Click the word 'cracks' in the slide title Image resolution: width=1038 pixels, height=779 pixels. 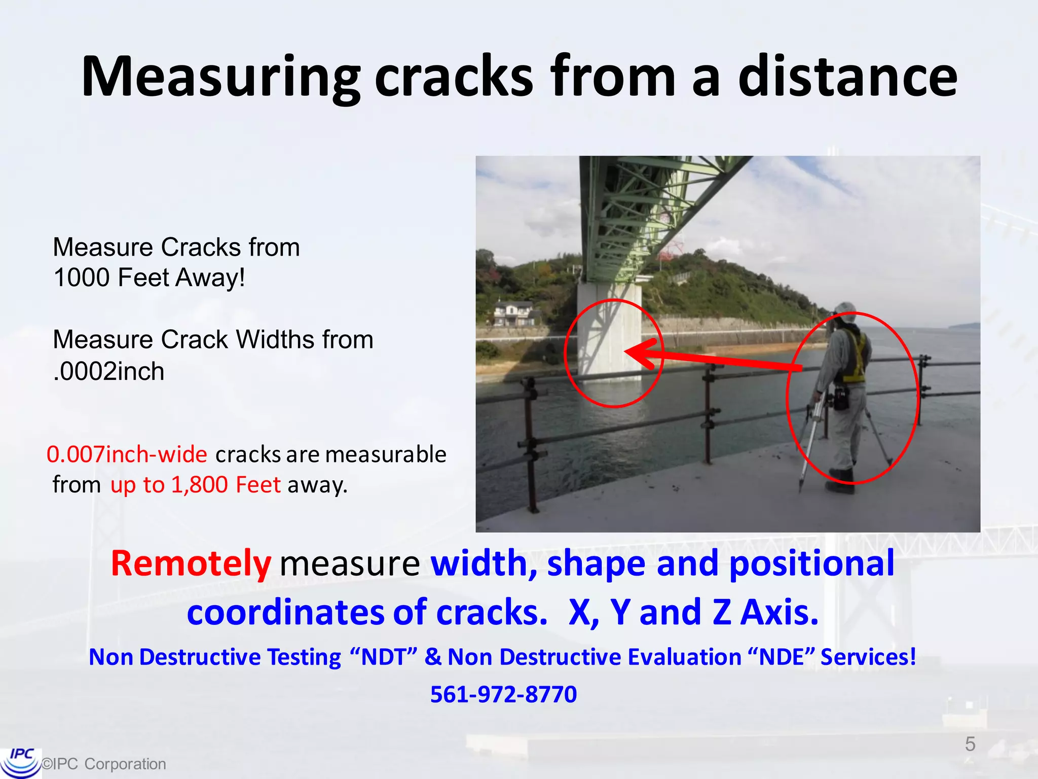[454, 77]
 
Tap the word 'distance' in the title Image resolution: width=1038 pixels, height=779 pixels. [847, 77]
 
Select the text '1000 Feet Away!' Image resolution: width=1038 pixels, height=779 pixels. [149, 278]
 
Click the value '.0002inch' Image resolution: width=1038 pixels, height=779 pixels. [109, 371]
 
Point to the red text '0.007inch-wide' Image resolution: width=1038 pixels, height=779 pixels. [127, 454]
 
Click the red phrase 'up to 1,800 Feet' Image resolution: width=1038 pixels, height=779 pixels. [195, 485]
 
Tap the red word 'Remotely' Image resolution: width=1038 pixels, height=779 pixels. [191, 563]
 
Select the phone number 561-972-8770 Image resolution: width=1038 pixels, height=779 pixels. [503, 694]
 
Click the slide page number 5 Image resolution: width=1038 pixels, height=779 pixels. [970, 744]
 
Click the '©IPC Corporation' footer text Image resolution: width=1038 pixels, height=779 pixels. [104, 764]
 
